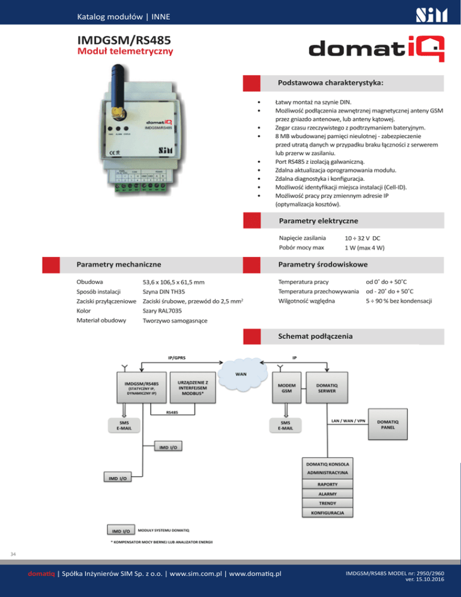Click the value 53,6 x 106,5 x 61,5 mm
click(x=173, y=282)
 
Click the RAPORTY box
click(x=328, y=483)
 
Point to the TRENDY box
click(x=328, y=503)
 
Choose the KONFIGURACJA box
click(x=328, y=514)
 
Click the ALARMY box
click(x=328, y=494)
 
